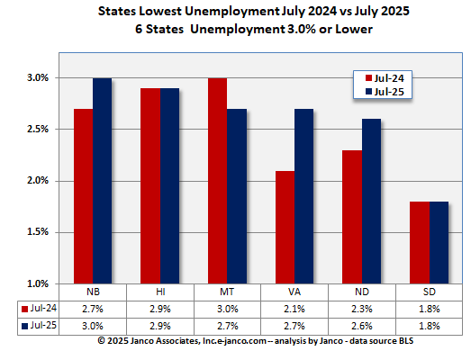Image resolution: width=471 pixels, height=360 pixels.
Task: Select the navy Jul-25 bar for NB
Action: tap(102, 181)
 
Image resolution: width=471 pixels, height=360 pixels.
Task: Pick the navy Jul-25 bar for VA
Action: tap(303, 196)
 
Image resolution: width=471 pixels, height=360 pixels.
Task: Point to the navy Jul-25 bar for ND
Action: tap(371, 202)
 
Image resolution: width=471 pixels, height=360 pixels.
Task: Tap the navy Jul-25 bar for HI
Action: tap(169, 186)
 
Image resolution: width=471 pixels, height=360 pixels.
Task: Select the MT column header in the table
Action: tap(226, 292)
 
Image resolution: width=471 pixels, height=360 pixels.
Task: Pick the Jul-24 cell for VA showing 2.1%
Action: tap(294, 308)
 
